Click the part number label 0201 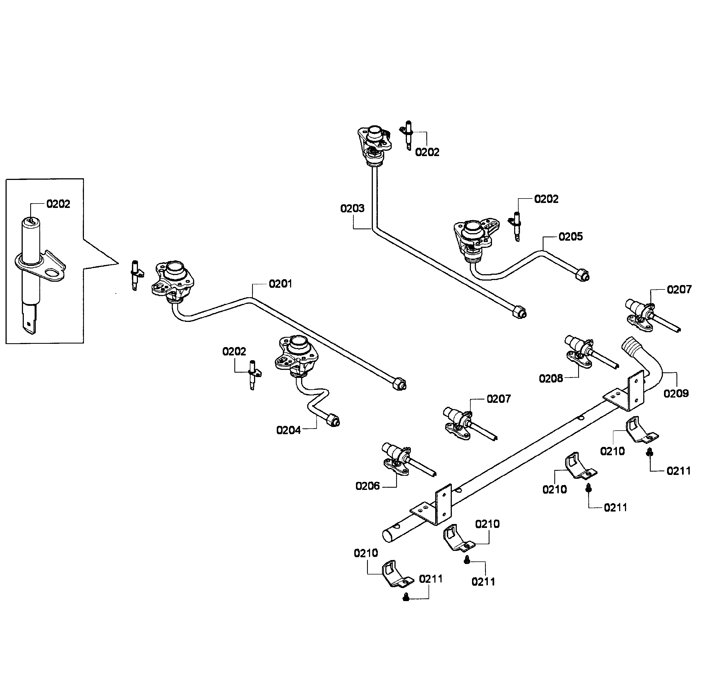pyautogui.click(x=280, y=284)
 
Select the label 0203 pyautogui.click(x=352, y=208)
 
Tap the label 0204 pyautogui.click(x=288, y=430)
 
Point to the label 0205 pyautogui.click(x=570, y=237)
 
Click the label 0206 pyautogui.click(x=367, y=486)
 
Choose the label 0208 pyautogui.click(x=551, y=379)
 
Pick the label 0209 pyautogui.click(x=676, y=393)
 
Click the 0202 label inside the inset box pyautogui.click(x=58, y=204)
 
